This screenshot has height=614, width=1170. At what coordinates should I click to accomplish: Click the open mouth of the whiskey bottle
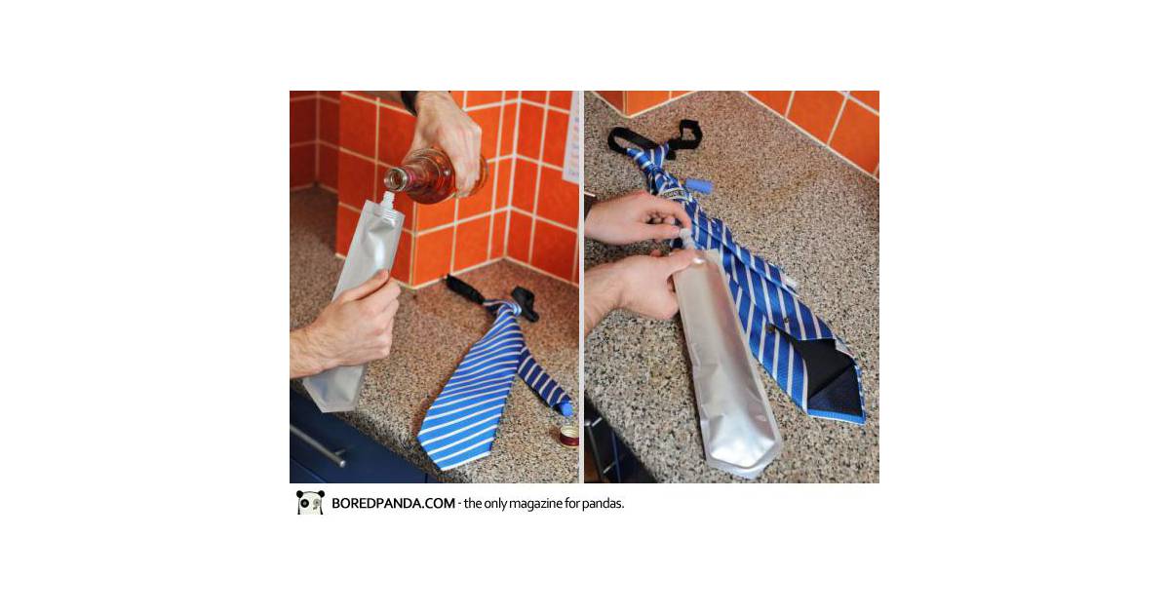coord(396,178)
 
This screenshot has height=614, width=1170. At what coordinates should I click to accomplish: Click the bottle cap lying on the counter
coord(568,436)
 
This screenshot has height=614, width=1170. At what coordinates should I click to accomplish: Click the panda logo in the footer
coord(310,502)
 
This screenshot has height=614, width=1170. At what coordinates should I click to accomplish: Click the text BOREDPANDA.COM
coord(393,503)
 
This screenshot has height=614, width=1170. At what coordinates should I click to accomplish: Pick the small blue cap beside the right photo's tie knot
coord(698,187)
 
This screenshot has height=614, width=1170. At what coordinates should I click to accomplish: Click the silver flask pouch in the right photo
coord(726,361)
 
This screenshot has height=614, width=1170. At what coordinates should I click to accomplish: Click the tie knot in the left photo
coord(502,308)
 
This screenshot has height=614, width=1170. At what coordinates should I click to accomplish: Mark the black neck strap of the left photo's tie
coord(492,296)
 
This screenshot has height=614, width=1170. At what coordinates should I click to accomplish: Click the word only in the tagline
coord(495,504)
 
